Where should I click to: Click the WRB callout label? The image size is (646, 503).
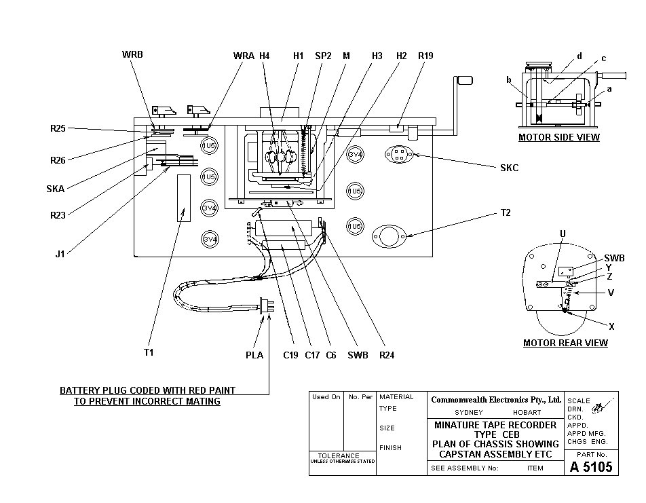[x=132, y=54]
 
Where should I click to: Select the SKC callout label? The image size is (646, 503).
[x=509, y=168]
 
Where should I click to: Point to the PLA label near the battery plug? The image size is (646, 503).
[x=254, y=354]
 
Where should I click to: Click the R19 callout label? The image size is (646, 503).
[x=425, y=56]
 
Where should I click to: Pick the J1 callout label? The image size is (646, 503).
[x=60, y=255]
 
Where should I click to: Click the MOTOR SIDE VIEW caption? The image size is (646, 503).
[x=558, y=137]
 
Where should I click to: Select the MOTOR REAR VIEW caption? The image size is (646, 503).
[x=565, y=343]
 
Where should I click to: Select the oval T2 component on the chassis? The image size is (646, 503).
[x=388, y=236]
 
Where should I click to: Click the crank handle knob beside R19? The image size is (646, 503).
[x=464, y=80]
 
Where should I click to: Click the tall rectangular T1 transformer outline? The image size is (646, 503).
[x=183, y=198]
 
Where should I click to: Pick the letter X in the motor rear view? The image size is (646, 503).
[x=611, y=327]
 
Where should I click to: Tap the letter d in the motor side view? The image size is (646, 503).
[x=579, y=56]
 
